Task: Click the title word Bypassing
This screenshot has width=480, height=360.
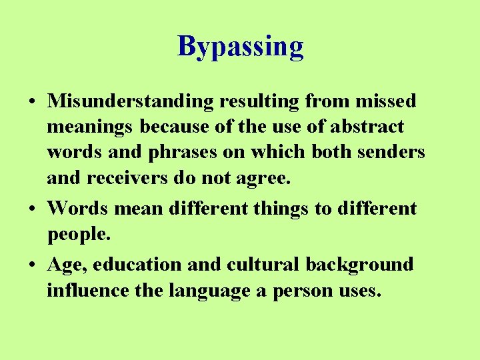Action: pos(241,47)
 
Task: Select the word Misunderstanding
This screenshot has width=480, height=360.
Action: pos(130,101)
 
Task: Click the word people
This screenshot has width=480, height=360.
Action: pos(77,235)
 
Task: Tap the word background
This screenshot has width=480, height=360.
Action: pos(359,265)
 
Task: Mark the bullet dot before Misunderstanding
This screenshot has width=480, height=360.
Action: pos(32,102)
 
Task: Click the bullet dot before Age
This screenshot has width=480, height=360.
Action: pos(32,265)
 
